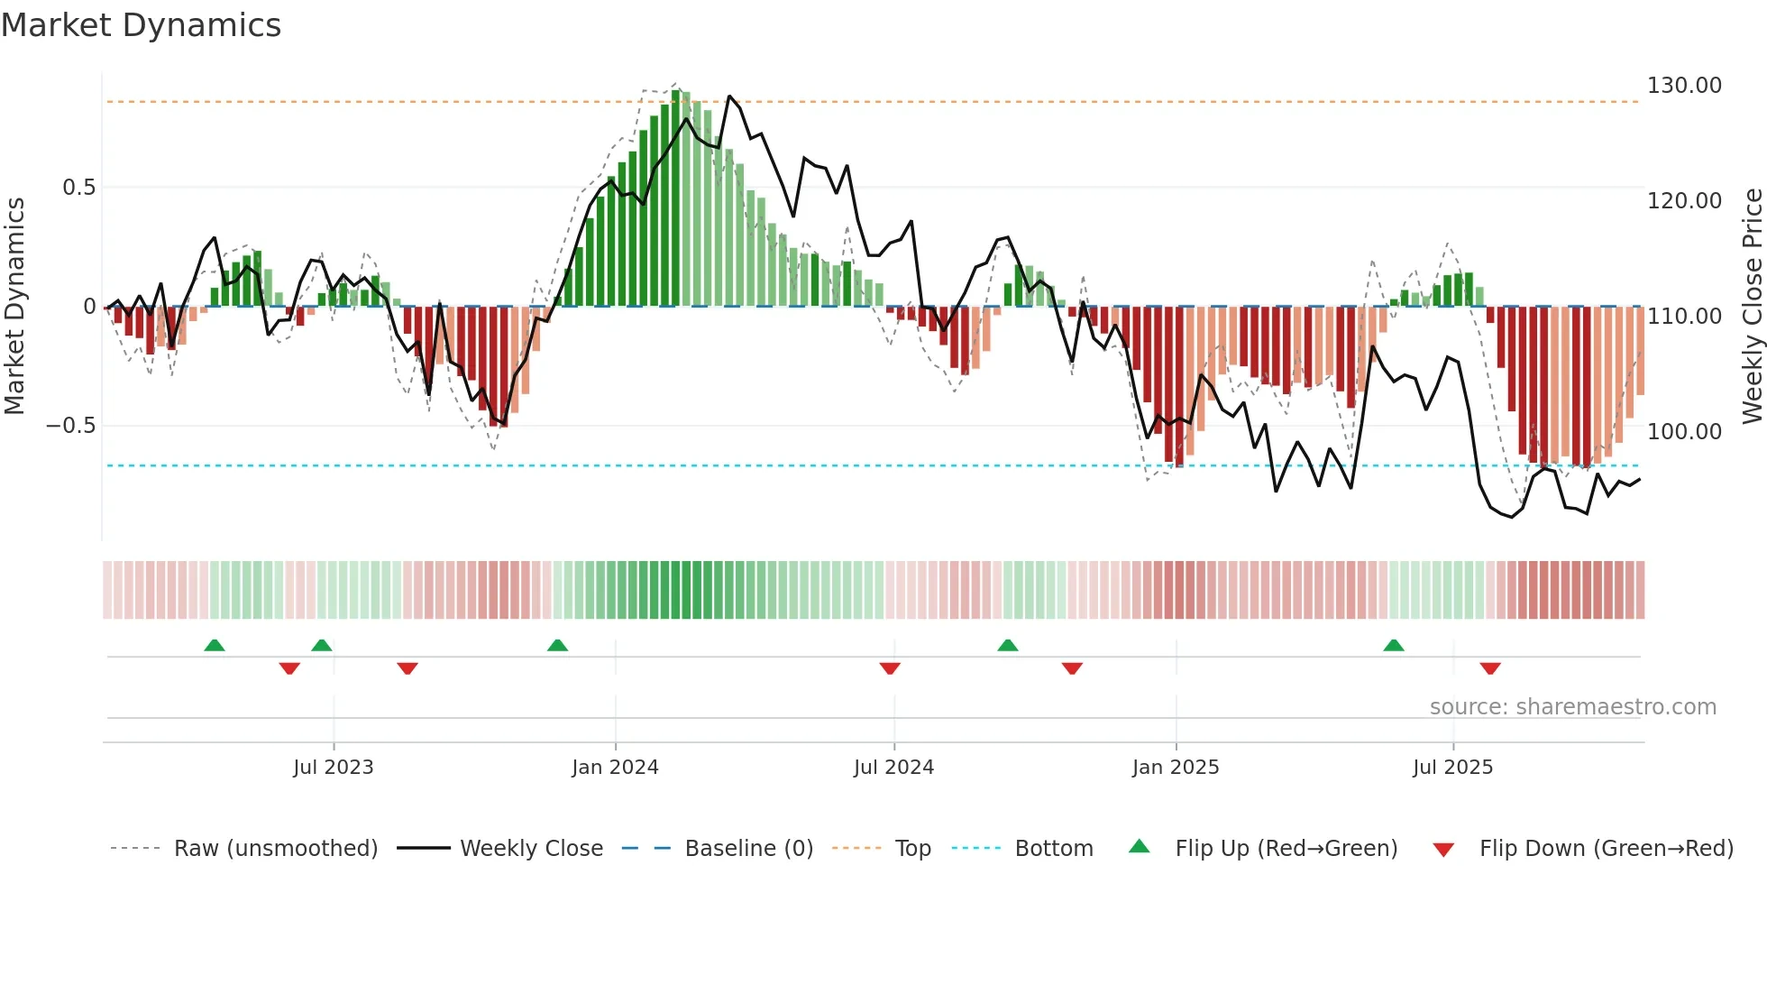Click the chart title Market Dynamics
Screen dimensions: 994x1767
coord(141,25)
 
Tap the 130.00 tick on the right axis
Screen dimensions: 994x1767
coord(1683,86)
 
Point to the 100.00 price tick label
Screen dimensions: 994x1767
coord(1683,432)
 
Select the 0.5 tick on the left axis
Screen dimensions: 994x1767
coord(78,188)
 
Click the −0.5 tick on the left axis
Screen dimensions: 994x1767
coord(71,426)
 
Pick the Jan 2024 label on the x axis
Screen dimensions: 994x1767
coord(615,768)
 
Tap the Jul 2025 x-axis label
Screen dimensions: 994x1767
coord(1452,768)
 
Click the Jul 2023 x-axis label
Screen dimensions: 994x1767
coord(333,768)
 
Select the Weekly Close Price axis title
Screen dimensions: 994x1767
coord(1752,306)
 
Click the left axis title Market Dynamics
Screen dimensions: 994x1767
coord(14,306)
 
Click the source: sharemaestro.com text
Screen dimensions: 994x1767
coord(1572,707)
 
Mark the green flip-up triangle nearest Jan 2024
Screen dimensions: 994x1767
coord(557,646)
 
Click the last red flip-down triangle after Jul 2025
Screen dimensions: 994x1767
coord(1489,668)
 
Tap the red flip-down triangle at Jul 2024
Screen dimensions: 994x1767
coord(890,668)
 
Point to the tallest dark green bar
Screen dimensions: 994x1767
coord(676,198)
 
